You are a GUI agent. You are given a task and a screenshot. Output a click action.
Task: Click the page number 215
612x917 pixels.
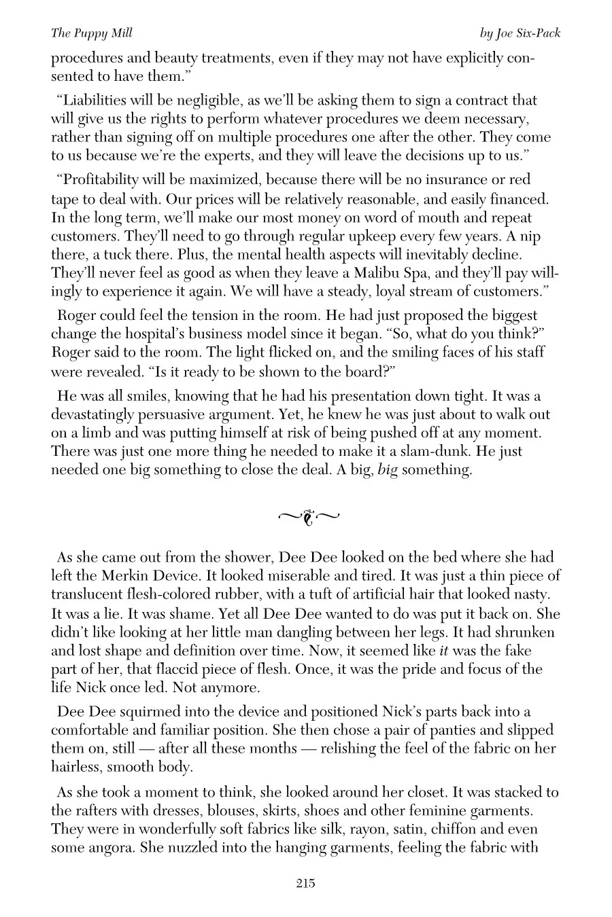(x=305, y=883)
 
